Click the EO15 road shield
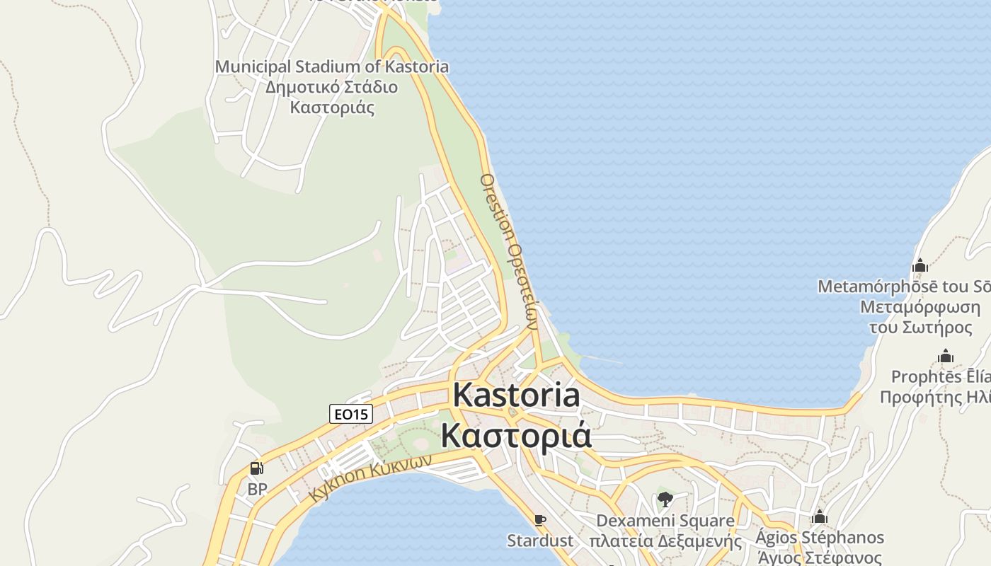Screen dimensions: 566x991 pyautogui.click(x=351, y=414)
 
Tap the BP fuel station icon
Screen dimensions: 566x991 pyautogui.click(x=257, y=468)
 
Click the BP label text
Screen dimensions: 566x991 pyautogui.click(x=257, y=489)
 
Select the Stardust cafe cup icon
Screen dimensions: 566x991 pyautogui.click(x=540, y=521)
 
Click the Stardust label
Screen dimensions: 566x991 pyautogui.click(x=540, y=541)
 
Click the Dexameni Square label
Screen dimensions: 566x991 pyautogui.click(x=665, y=521)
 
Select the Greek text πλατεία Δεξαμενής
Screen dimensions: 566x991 pyautogui.click(x=665, y=542)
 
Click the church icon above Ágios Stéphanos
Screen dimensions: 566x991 pyautogui.click(x=820, y=517)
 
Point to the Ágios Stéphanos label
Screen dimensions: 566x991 pyautogui.click(x=820, y=538)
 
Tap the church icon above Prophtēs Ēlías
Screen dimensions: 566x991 pyautogui.click(x=945, y=357)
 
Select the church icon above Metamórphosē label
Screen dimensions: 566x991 pyautogui.click(x=920, y=266)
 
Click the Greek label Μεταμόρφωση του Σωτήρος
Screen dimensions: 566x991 pyautogui.click(x=920, y=318)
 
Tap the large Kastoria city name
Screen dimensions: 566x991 pyautogui.click(x=516, y=395)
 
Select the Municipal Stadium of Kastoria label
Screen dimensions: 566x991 pyautogui.click(x=332, y=67)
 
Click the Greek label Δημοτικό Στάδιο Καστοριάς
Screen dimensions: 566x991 pyautogui.click(x=332, y=98)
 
